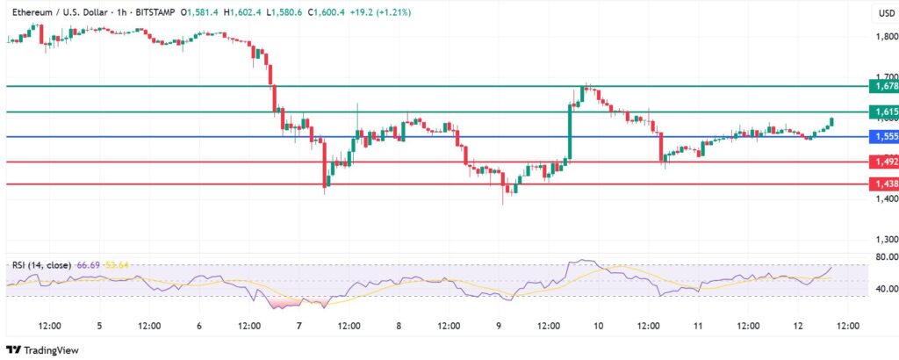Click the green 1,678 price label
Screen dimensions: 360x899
click(x=881, y=86)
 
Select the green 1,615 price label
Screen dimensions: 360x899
click(x=881, y=112)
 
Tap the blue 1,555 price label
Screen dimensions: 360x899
click(x=881, y=137)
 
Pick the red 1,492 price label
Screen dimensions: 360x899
click(x=881, y=162)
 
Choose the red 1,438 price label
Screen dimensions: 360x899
click(x=881, y=184)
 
